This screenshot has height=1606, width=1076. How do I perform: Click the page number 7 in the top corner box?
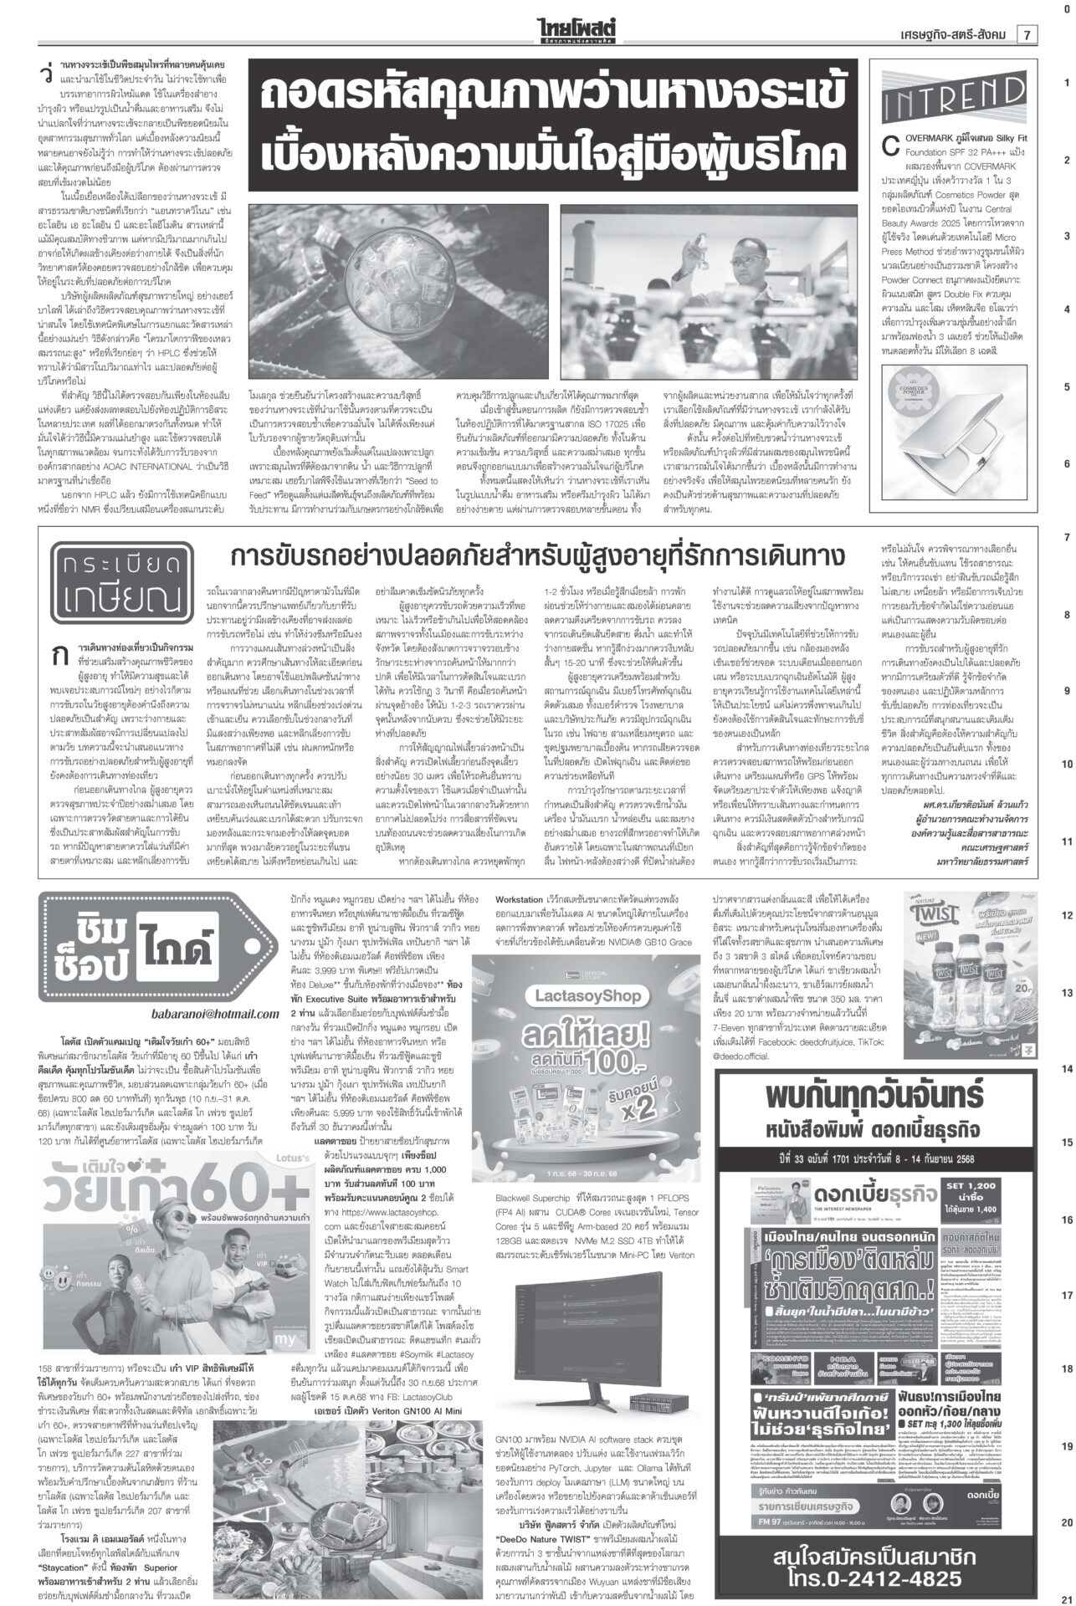point(1025,34)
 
